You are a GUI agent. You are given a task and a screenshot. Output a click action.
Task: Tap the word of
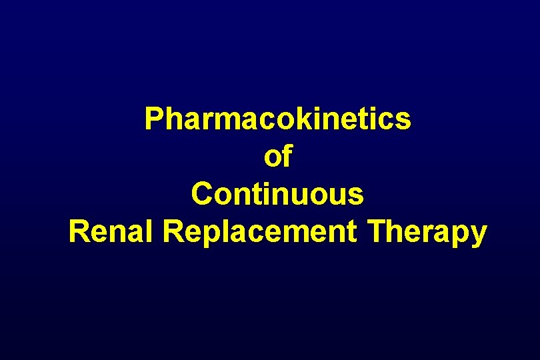point(278,157)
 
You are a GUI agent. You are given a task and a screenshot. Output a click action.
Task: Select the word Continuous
point(277,195)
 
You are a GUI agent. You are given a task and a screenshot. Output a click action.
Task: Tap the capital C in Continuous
point(201,195)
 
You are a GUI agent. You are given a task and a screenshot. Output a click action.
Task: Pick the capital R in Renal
point(79,232)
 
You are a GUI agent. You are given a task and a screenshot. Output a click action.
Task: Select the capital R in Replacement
point(173,232)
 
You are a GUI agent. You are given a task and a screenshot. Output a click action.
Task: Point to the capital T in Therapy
point(379,232)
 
